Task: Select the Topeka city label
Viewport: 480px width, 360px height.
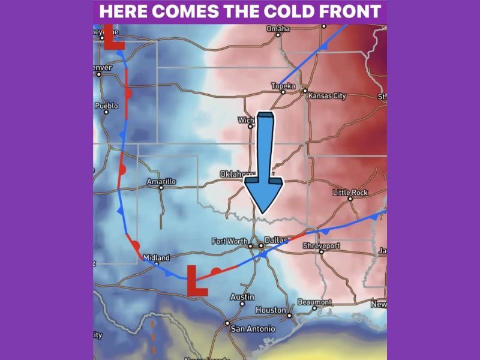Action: click(x=283, y=86)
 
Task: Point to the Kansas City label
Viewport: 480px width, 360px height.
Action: click(x=327, y=96)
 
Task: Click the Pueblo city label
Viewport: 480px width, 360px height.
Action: click(x=107, y=106)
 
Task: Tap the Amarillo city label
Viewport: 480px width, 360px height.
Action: click(x=161, y=181)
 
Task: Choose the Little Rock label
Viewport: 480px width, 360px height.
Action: click(x=350, y=193)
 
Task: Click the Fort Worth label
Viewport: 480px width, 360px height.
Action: click(x=229, y=241)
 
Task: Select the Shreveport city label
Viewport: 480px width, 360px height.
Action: click(x=321, y=246)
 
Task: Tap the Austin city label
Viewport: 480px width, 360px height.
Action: click(x=242, y=297)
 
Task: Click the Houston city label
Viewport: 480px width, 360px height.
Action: click(x=270, y=310)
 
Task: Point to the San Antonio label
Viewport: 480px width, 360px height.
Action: click(x=253, y=329)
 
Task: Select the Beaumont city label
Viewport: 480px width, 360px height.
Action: click(x=314, y=302)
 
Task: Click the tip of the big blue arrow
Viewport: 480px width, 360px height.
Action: click(x=262, y=212)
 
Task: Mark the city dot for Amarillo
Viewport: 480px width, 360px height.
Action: click(x=161, y=188)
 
